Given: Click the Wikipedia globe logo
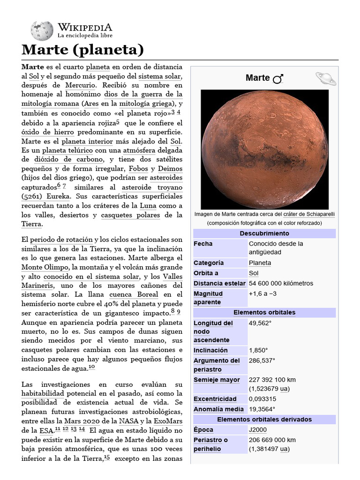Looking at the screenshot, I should (42, 31).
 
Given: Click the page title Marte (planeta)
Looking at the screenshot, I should (82, 49).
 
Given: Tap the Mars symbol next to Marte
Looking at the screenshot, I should (278, 79).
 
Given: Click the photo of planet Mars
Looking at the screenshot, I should (264, 149).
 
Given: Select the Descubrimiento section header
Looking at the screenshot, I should (264, 233).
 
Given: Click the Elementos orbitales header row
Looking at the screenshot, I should (264, 312).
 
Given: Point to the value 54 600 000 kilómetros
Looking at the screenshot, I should (281, 284).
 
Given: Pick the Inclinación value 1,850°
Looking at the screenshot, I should (258, 350).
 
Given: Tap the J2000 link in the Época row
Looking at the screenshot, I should (257, 430).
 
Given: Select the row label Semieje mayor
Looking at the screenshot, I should (217, 380).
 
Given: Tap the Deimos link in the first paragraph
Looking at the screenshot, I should (170, 168).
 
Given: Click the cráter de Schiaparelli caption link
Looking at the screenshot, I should (309, 214).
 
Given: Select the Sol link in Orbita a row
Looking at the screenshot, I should (254, 273).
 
